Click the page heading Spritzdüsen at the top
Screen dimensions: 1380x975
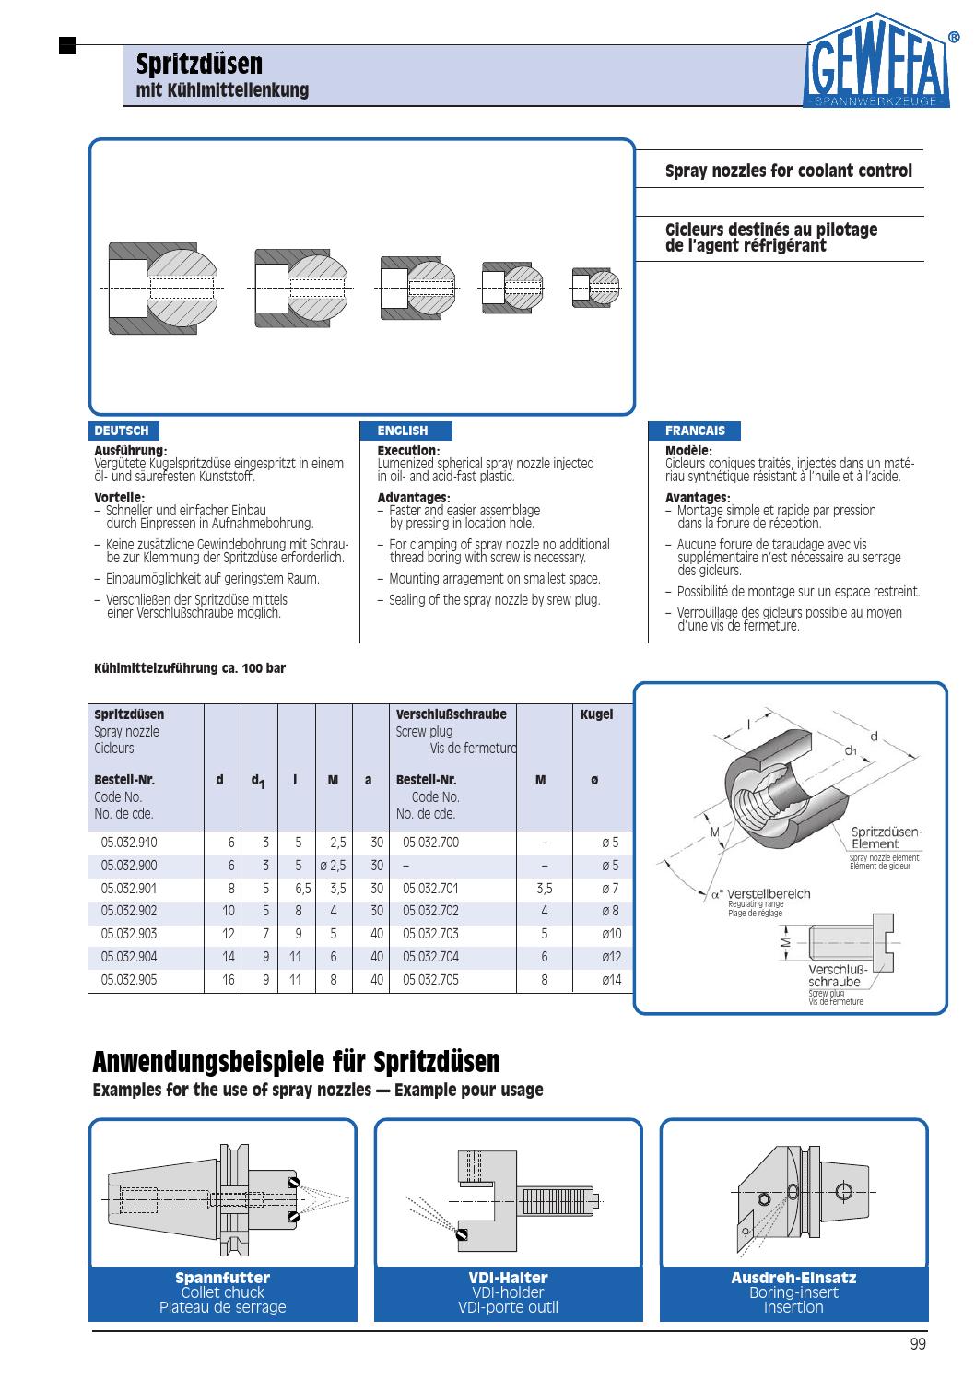point(199,65)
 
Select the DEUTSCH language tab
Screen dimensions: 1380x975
point(122,431)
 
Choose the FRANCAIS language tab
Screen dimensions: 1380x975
point(695,431)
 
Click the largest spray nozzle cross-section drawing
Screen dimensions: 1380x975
point(165,289)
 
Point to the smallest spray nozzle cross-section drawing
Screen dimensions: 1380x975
point(595,288)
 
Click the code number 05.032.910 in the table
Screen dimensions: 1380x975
point(129,843)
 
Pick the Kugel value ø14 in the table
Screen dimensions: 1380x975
point(611,980)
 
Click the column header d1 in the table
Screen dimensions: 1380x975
point(259,781)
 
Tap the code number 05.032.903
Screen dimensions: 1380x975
point(129,934)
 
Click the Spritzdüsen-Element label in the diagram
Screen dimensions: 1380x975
point(886,838)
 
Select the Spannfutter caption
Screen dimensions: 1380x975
point(222,1278)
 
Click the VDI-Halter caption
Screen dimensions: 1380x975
point(508,1278)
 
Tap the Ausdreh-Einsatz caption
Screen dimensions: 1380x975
point(793,1278)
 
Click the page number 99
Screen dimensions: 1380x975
point(917,1344)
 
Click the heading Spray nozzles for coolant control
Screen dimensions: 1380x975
point(789,171)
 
